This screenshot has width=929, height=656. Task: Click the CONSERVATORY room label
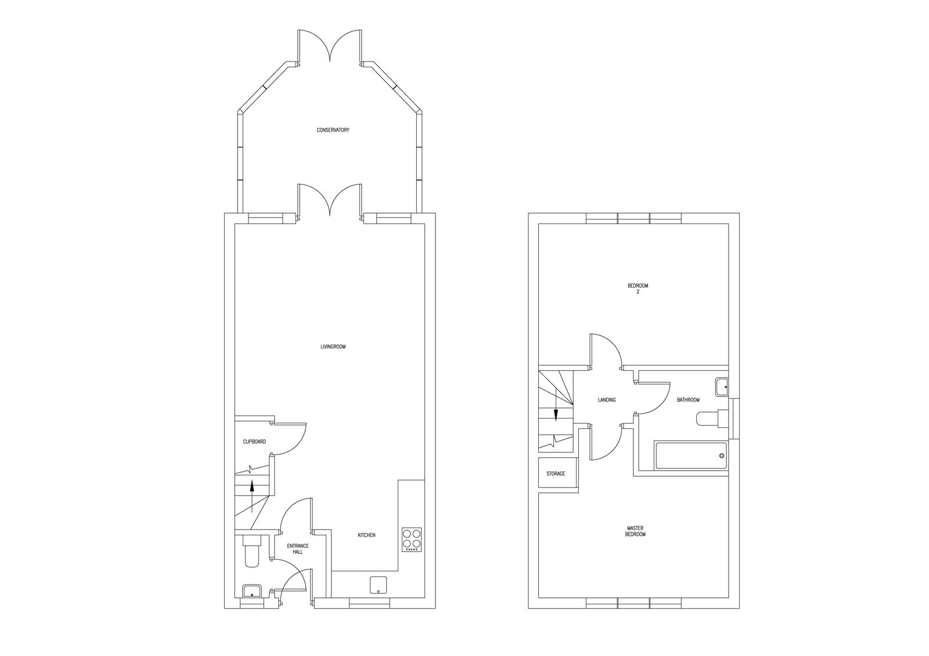coord(333,130)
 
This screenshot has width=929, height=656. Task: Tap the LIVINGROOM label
coord(333,347)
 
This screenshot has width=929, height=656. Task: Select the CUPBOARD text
coord(254,442)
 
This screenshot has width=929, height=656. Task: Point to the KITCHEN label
coord(366,535)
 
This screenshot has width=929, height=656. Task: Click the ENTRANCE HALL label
coord(298,549)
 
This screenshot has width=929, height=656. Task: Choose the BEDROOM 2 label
coord(638,289)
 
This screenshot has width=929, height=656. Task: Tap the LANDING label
coord(607,400)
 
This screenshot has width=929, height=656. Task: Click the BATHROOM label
coord(688,400)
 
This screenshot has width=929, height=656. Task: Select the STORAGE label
coord(556,474)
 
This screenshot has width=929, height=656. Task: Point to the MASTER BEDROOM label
coord(635,532)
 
